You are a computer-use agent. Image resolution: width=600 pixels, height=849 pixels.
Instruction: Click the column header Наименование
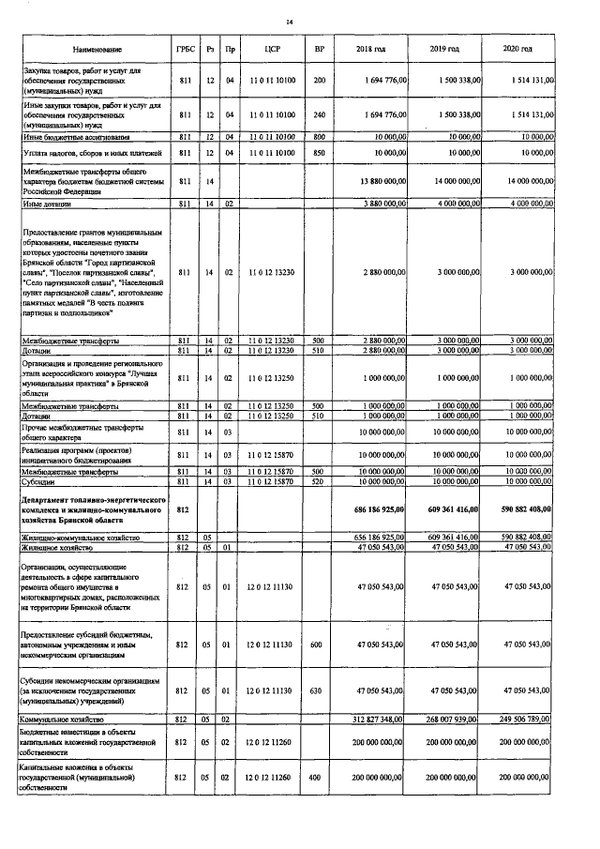[x=95, y=48]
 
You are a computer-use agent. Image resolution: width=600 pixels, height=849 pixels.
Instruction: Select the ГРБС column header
[x=185, y=48]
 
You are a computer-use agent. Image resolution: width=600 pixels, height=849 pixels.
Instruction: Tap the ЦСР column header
[x=274, y=48]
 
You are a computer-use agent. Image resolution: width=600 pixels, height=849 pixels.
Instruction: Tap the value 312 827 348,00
[x=379, y=720]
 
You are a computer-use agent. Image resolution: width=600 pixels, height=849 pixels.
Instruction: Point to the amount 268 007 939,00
[x=454, y=720]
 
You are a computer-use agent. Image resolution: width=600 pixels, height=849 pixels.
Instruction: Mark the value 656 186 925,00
[x=379, y=537]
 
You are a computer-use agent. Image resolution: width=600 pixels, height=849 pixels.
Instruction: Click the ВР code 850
[x=320, y=152]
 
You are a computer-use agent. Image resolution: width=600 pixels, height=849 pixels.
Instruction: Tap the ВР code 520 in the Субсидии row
[x=320, y=480]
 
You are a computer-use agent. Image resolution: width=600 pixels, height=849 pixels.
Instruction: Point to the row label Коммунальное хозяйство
[x=63, y=720]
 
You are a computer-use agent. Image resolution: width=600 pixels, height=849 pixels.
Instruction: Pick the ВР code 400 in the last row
[x=320, y=778]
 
